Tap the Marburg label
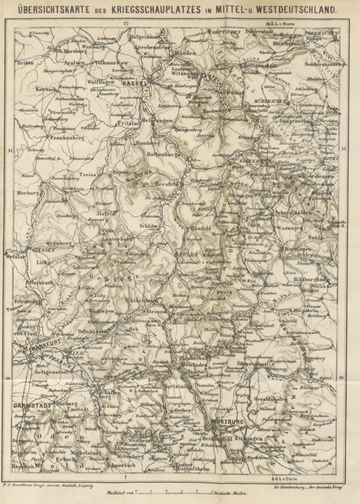(x=28, y=193)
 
